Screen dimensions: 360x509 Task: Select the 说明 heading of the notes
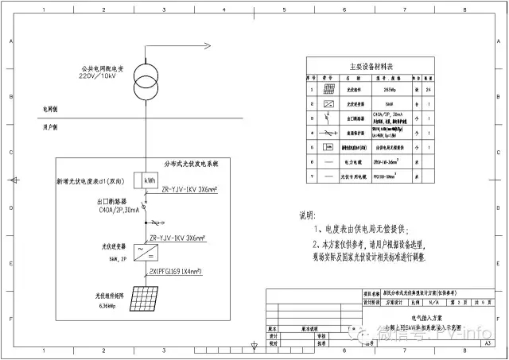tap(307, 215)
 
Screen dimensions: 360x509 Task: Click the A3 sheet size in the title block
tap(487, 344)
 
